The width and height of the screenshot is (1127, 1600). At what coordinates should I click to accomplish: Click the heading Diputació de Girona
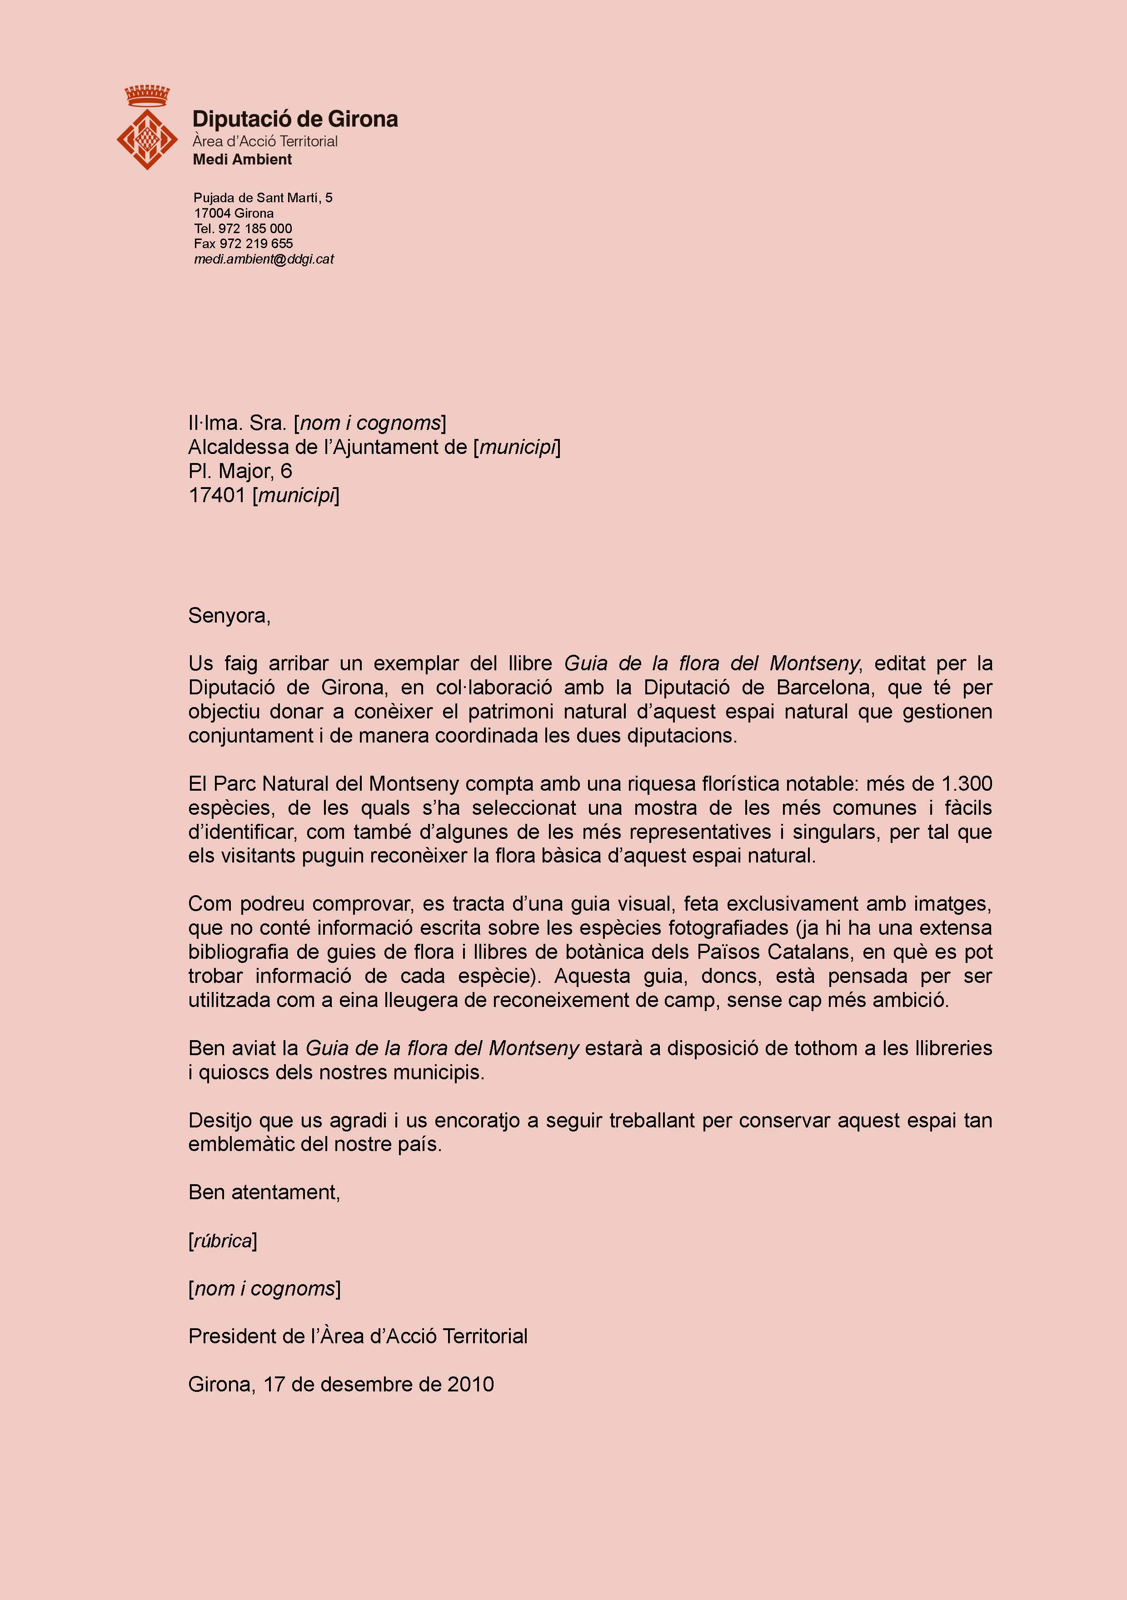click(x=295, y=119)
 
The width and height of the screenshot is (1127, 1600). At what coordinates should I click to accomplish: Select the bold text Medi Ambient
click(x=242, y=160)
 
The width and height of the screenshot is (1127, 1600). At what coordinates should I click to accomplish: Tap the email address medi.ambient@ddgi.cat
click(x=264, y=259)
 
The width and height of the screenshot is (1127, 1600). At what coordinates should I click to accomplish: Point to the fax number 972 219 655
click(x=256, y=244)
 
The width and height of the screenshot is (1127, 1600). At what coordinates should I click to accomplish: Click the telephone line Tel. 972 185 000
click(x=243, y=229)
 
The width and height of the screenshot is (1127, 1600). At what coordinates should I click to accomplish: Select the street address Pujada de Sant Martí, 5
click(x=263, y=198)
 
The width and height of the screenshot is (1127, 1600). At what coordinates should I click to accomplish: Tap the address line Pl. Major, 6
click(x=240, y=471)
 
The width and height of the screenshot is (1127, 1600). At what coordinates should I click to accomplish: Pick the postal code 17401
click(x=217, y=495)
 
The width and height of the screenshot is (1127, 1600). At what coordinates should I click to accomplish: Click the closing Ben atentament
click(x=264, y=1192)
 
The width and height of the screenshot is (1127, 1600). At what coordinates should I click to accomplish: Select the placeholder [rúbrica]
click(x=222, y=1241)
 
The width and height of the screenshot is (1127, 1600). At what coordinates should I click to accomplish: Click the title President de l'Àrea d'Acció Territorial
click(x=358, y=1336)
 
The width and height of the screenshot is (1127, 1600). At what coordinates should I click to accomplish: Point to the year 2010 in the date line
click(x=470, y=1385)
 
